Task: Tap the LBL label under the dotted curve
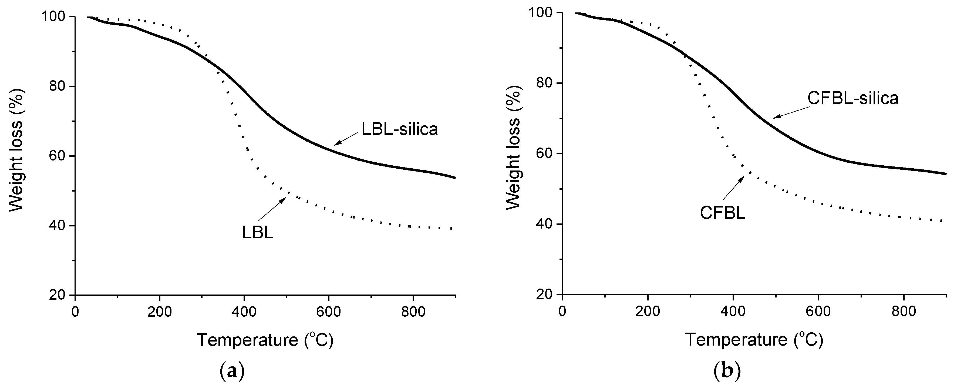click(258, 233)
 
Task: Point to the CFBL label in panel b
click(723, 213)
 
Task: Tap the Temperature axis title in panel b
click(753, 340)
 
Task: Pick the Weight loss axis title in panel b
click(514, 147)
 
